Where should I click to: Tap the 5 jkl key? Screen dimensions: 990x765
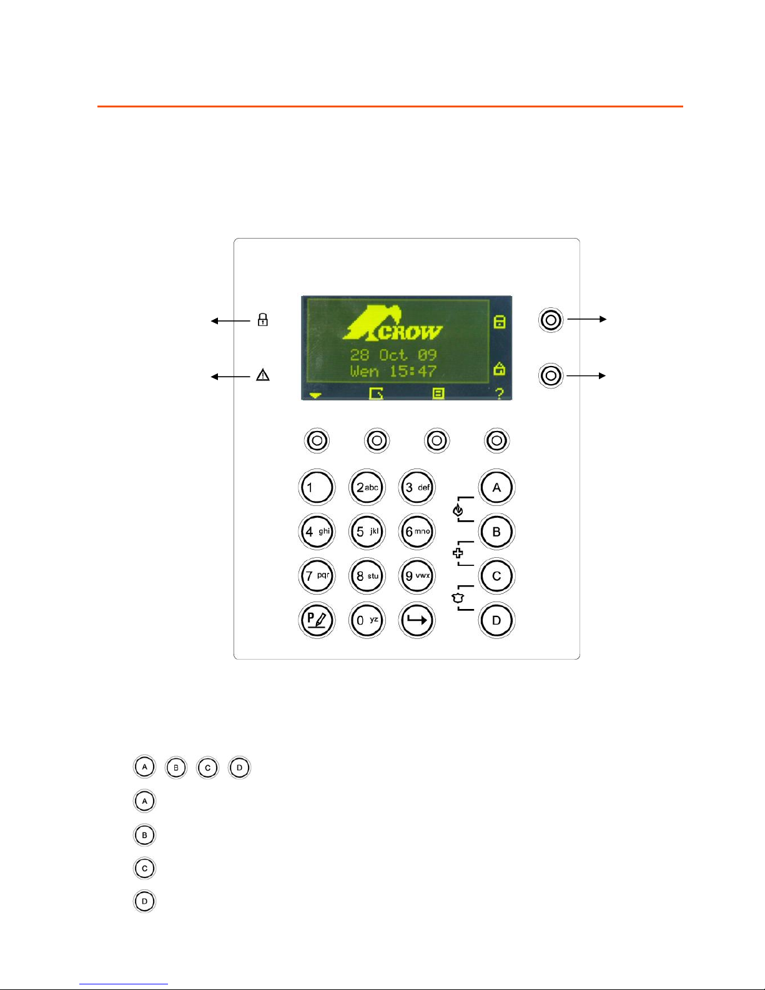pos(367,532)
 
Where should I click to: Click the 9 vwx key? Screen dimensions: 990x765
pos(417,576)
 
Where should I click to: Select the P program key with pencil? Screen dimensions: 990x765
pos(317,620)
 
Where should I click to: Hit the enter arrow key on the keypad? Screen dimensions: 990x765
pos(417,620)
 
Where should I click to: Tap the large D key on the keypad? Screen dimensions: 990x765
pos(496,620)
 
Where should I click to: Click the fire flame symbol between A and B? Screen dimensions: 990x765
pos(458,510)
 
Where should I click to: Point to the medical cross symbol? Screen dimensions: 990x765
pos(458,553)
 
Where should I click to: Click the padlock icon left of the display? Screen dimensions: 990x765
pos(263,320)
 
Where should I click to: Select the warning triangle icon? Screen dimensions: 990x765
pos(263,375)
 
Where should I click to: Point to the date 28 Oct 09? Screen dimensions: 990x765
pos(393,355)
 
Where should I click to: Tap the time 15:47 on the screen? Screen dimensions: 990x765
pos(413,372)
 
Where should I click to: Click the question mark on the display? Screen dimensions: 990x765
pos(499,394)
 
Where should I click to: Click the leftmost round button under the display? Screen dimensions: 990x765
pos(317,440)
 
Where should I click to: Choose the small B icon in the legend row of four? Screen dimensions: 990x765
pos(176,767)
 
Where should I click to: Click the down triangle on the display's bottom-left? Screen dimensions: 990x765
pos(315,395)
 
